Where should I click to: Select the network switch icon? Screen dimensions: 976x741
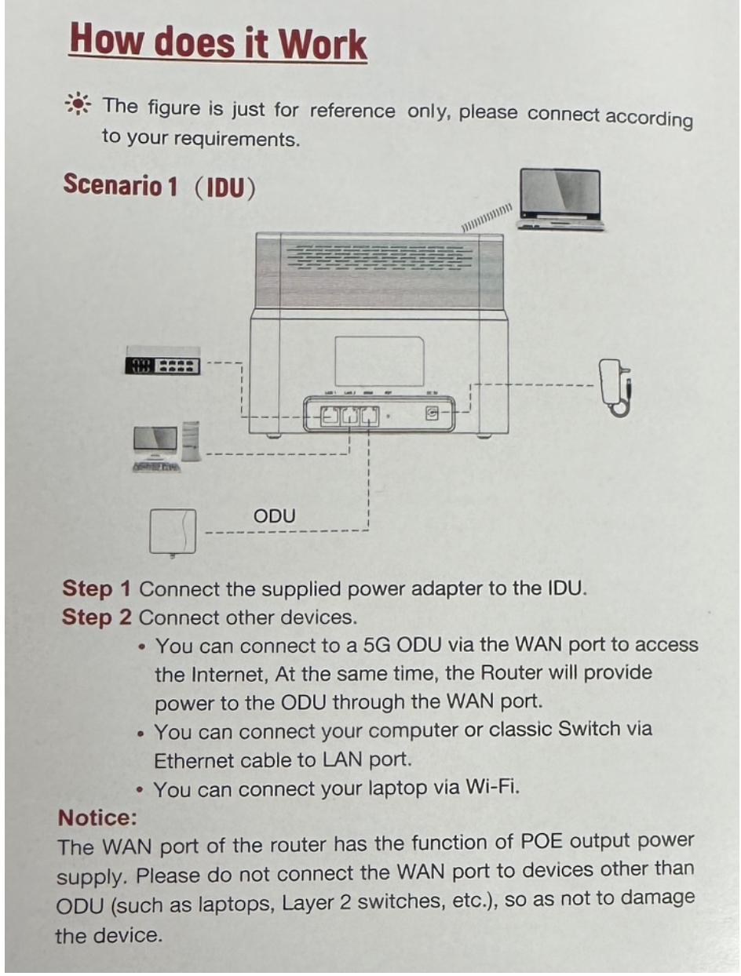point(162,366)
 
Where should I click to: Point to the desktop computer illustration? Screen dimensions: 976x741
point(166,448)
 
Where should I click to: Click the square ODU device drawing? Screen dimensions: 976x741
point(173,531)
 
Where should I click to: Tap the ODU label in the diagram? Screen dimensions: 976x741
point(275,515)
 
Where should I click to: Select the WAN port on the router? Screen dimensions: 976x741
point(370,415)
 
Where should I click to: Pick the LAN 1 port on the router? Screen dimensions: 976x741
point(331,415)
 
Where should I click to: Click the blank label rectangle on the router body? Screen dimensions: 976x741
point(379,361)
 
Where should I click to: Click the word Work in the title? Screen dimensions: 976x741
point(323,42)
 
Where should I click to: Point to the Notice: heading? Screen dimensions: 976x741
point(97,818)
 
